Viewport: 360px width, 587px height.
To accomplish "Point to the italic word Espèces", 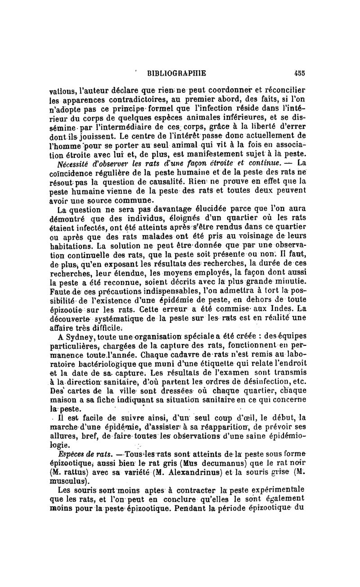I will pyautogui.click(x=68, y=452).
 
